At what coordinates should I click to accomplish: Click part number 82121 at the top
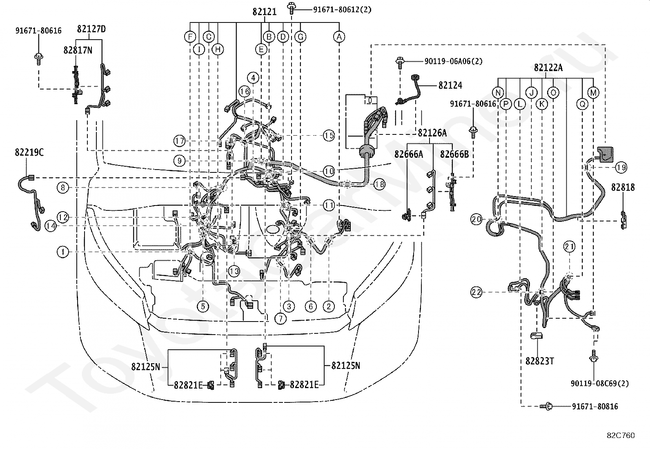pyautogui.click(x=264, y=11)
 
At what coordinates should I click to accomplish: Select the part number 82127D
pyautogui.click(x=91, y=29)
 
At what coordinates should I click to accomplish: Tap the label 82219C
pyautogui.click(x=29, y=152)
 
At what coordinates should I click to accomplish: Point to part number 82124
pyautogui.click(x=450, y=85)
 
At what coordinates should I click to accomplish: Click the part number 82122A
pyautogui.click(x=548, y=68)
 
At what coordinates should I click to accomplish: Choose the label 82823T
pyautogui.click(x=539, y=361)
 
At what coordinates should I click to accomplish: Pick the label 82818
pyautogui.click(x=623, y=188)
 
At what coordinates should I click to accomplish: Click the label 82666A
pyautogui.click(x=409, y=154)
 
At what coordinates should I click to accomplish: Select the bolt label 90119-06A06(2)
pyautogui.click(x=453, y=61)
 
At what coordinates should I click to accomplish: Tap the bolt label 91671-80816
pyautogui.click(x=595, y=407)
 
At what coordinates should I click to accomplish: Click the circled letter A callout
pyautogui.click(x=339, y=37)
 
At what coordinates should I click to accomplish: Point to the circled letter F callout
pyautogui.click(x=190, y=37)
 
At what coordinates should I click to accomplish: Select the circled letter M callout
pyautogui.click(x=593, y=93)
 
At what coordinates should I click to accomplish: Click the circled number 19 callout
pyautogui.click(x=621, y=167)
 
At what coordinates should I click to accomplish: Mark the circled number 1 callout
pyautogui.click(x=63, y=252)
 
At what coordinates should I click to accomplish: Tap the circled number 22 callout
pyautogui.click(x=476, y=292)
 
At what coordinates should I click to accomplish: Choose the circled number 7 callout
pyautogui.click(x=280, y=319)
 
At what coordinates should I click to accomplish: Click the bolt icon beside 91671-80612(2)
pyautogui.click(x=292, y=9)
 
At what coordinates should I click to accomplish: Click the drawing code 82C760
pyautogui.click(x=621, y=436)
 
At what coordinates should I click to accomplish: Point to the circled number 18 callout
pyautogui.click(x=379, y=184)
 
